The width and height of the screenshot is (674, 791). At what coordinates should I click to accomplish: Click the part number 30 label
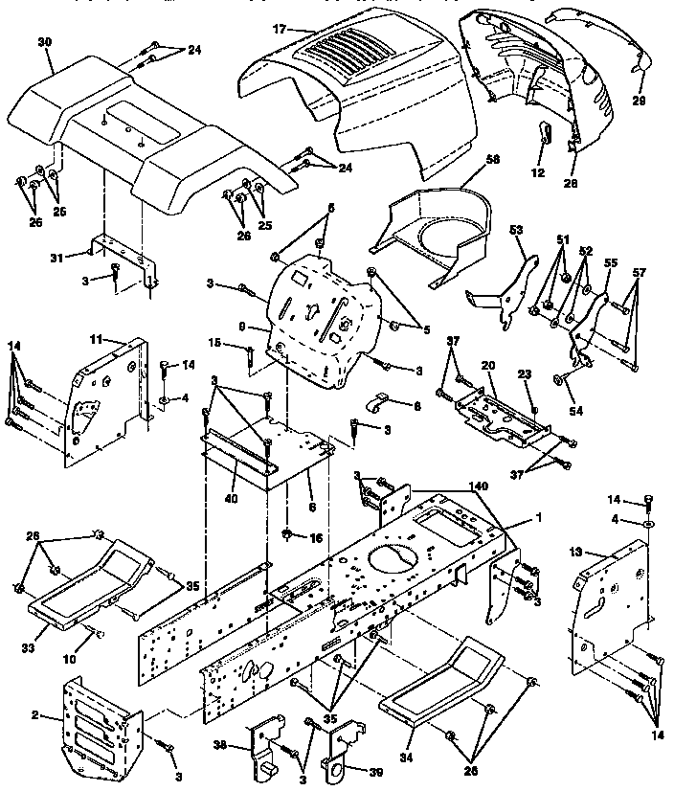click(45, 42)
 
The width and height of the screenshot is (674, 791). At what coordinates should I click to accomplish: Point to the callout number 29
click(639, 100)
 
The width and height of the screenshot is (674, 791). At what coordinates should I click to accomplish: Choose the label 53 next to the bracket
click(518, 230)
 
